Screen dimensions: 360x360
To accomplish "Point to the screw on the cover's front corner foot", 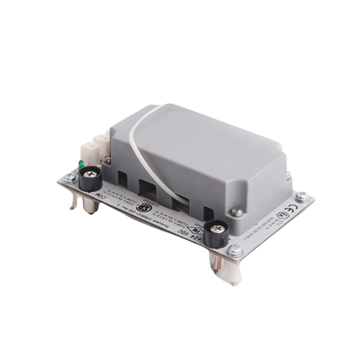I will click(239, 212).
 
